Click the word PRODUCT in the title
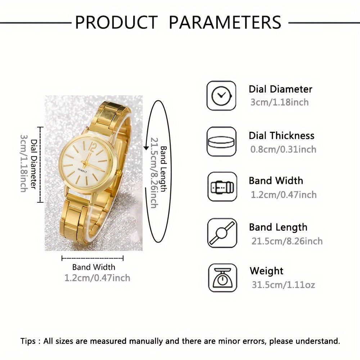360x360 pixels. coord(116,22)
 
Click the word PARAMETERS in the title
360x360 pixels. coord(225,22)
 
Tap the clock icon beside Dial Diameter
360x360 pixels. coord(221,95)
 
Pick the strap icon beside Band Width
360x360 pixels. coord(222,187)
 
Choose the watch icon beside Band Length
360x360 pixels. coord(222,233)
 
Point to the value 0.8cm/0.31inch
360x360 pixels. coord(283,149)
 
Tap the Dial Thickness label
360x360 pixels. coord(282,136)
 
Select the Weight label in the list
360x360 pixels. coord(266,271)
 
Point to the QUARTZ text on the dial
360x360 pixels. coord(81,171)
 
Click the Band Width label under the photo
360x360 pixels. coord(94,267)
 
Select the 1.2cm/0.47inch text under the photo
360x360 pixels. coord(97,278)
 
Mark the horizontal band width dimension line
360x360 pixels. coord(93,258)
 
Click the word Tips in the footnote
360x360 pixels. coord(28,341)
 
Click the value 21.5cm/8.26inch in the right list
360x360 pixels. coord(287,241)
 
